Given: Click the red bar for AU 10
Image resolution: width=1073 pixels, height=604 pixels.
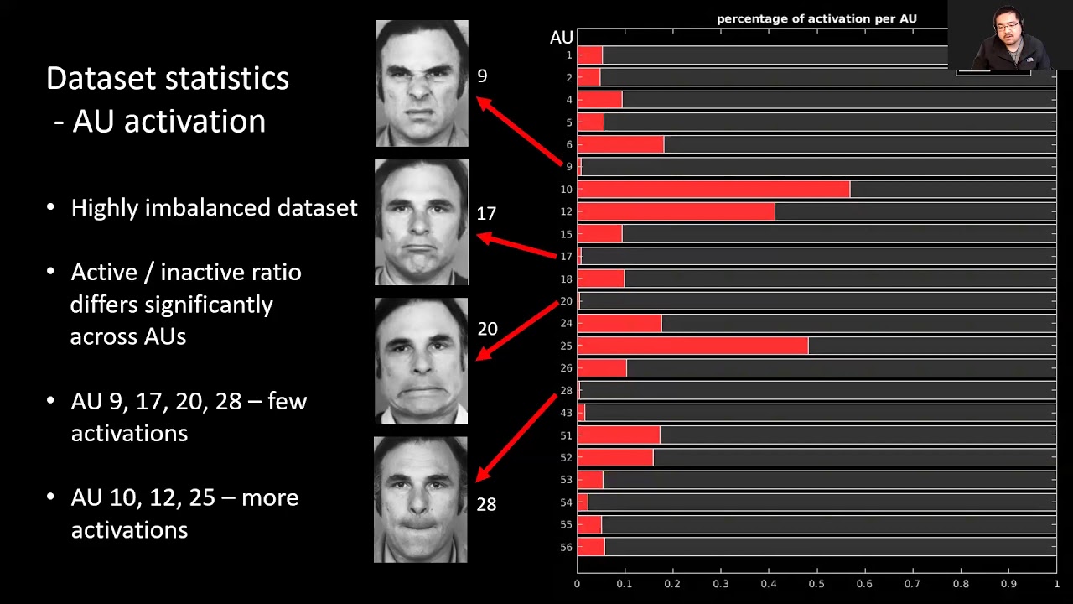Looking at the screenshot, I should pos(713,190).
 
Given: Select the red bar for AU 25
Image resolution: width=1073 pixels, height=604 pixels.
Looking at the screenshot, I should pos(692,346).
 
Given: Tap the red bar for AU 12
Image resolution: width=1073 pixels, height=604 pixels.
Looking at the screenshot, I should pos(676,211).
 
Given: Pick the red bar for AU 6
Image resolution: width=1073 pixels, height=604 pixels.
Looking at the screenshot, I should pos(620,144).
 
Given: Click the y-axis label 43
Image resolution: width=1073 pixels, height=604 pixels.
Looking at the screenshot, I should pos(567,413).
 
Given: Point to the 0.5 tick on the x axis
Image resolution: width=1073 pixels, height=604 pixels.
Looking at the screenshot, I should pos(816,584).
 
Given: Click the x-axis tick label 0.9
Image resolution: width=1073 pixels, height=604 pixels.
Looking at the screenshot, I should pos(1008,584).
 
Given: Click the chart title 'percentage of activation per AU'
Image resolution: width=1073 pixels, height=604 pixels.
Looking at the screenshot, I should pos(816,18).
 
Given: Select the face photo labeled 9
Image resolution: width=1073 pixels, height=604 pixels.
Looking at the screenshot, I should pos(422,83).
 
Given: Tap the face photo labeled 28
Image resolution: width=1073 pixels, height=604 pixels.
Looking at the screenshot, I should pos(421,499).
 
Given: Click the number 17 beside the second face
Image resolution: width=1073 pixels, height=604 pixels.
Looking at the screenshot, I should pos(486,214).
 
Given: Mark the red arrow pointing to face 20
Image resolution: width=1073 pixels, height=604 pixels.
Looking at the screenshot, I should pos(517,330).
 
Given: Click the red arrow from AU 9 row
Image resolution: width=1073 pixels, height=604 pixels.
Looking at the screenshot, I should pos(519,131).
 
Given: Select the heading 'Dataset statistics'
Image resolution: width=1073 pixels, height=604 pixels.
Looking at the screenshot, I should pos(168,78).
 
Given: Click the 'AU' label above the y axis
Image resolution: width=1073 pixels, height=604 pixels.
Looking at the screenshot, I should pos(562,38).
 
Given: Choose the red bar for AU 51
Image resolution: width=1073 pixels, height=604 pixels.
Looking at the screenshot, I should pos(619,435).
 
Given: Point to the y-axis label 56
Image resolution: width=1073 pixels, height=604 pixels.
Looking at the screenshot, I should pos(567,547).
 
